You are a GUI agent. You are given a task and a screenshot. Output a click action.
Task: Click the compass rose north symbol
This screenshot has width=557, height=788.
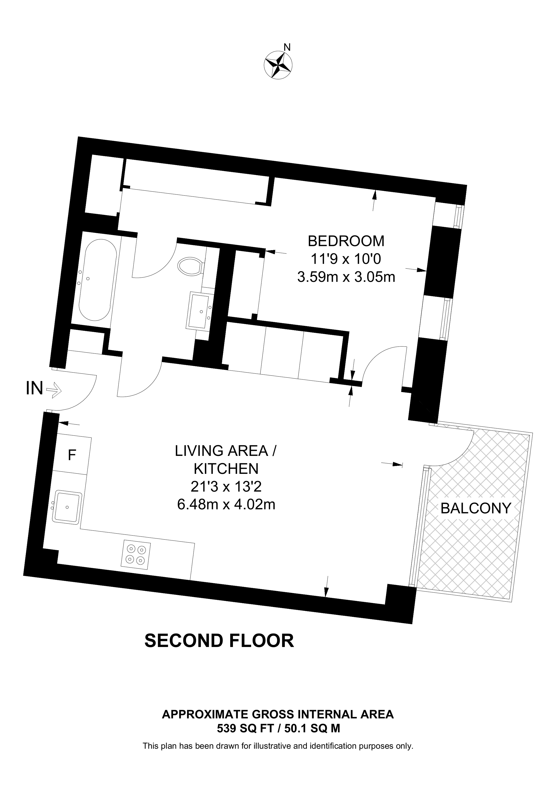[x=278, y=66]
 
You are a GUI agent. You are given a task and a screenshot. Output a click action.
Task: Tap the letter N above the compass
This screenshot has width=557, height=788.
[x=288, y=47]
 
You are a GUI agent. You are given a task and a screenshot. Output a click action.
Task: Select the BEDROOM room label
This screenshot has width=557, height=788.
[x=346, y=241]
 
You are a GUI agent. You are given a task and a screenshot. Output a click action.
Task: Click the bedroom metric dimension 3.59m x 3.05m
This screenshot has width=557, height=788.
[x=346, y=277]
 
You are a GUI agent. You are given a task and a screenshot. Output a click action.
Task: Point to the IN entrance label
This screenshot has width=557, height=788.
[x=34, y=389]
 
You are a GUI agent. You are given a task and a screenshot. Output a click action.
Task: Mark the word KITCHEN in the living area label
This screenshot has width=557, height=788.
[x=226, y=469]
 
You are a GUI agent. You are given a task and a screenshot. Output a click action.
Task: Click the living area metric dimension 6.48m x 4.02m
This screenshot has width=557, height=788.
[x=226, y=504]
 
